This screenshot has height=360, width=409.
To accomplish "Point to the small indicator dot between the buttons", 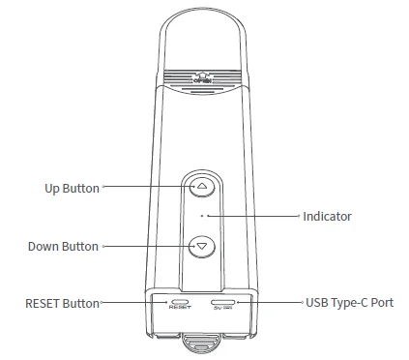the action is pyautogui.click(x=202, y=216).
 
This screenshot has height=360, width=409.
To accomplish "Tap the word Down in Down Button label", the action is pyautogui.click(x=44, y=247).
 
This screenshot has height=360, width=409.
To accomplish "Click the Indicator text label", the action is pyautogui.click(x=327, y=217).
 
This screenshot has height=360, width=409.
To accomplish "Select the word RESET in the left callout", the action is pyautogui.click(x=44, y=304).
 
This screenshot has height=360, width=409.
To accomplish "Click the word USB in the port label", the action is pyautogui.click(x=318, y=303).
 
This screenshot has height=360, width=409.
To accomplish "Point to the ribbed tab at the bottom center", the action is pyautogui.click(x=202, y=341).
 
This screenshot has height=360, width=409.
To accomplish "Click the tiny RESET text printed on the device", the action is pyautogui.click(x=179, y=309).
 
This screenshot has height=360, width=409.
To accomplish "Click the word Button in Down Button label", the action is pyautogui.click(x=80, y=247).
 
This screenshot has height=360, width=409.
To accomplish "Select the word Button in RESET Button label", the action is pyautogui.click(x=82, y=304).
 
